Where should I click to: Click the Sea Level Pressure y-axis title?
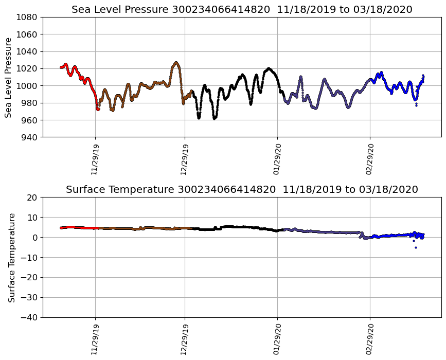[9, 77]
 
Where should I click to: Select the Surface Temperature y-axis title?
[11, 257]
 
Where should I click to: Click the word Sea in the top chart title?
[81, 10]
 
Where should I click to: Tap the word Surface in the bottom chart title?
[84, 190]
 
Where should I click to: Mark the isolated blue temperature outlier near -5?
[416, 247]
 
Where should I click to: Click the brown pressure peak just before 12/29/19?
[176, 63]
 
